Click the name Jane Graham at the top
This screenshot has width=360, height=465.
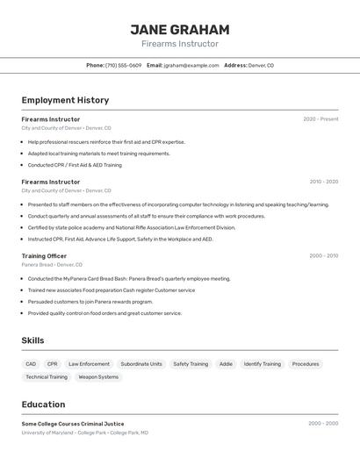click(x=180, y=29)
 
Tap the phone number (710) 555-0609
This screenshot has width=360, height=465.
click(x=123, y=65)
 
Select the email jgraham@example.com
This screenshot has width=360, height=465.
click(x=191, y=65)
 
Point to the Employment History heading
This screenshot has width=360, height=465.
click(x=65, y=100)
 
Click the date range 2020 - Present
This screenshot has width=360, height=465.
click(x=320, y=119)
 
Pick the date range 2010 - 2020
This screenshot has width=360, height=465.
click(x=323, y=182)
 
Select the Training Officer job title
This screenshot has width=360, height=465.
click(x=44, y=255)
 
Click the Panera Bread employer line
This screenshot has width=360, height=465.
click(x=52, y=264)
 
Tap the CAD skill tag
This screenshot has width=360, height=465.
click(x=31, y=363)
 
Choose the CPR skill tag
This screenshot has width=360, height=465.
click(x=53, y=363)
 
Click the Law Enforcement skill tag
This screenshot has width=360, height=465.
click(x=90, y=363)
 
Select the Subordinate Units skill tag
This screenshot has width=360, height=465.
click(x=141, y=363)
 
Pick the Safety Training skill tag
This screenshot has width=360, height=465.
click(x=191, y=363)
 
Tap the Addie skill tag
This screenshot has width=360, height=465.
click(x=226, y=363)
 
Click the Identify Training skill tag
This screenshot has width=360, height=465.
click(x=263, y=363)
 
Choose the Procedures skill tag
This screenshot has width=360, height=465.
click(x=306, y=363)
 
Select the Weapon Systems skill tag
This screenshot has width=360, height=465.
click(x=98, y=376)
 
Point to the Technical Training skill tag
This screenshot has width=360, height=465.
click(x=47, y=376)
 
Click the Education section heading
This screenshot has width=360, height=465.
click(x=44, y=404)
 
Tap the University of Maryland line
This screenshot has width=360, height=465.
click(x=84, y=433)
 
